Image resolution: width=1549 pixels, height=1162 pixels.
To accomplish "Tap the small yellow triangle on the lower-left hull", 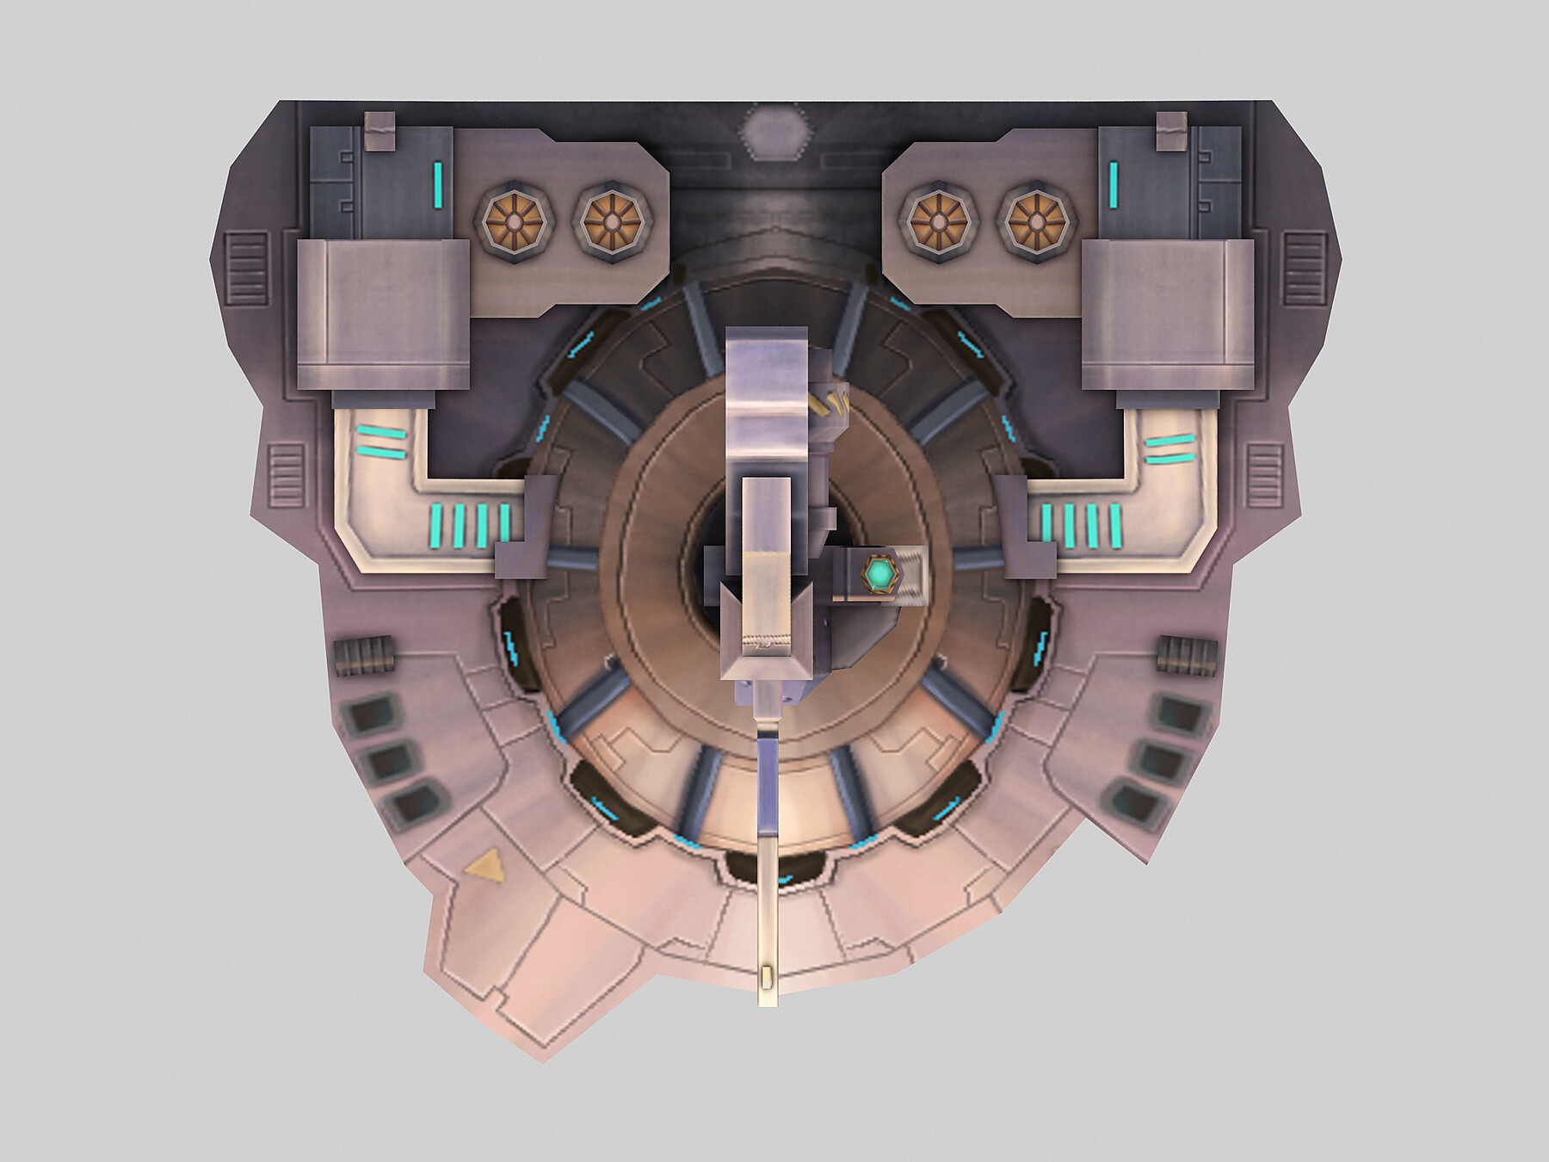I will coord(484,864).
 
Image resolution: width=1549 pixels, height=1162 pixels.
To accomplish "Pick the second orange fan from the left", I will coord(610,221).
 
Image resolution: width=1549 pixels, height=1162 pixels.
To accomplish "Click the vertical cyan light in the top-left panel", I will coord(438,178).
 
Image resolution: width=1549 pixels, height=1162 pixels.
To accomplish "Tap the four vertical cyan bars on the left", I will coord(470,526).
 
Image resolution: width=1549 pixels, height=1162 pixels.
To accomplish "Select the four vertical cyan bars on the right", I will coord(1081,526).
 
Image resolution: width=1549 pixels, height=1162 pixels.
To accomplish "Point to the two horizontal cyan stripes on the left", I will coord(380,442).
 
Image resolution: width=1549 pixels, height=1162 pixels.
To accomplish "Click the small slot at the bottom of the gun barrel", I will coord(767,978).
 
